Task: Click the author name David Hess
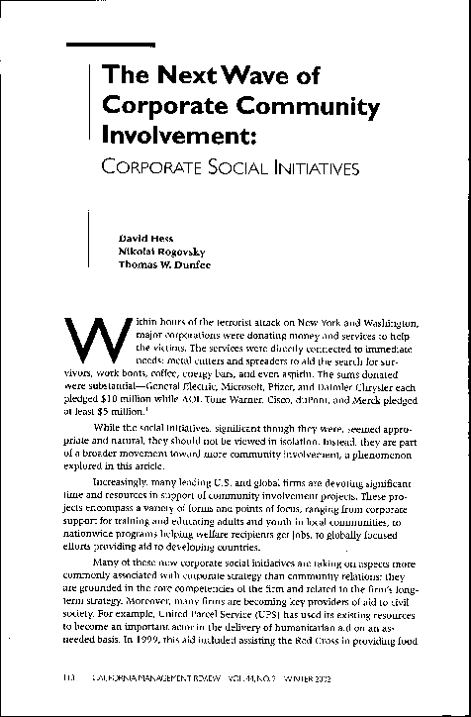tap(140, 238)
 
